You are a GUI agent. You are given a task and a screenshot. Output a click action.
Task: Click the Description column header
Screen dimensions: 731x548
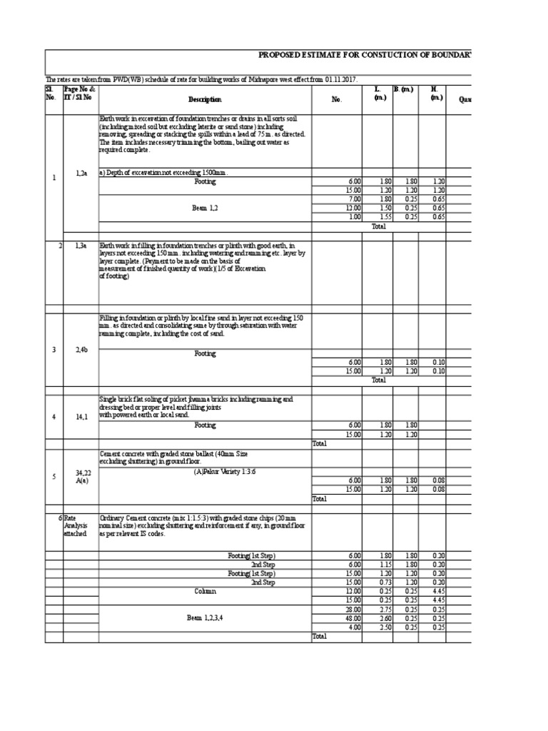pyautogui.click(x=205, y=100)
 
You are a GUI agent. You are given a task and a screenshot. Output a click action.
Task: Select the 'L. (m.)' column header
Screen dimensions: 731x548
pyautogui.click(x=377, y=93)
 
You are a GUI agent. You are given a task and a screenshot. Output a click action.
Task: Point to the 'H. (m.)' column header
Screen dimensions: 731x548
pyautogui.click(x=433, y=93)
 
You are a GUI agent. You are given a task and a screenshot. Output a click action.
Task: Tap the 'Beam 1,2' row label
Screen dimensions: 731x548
pyautogui.click(x=205, y=208)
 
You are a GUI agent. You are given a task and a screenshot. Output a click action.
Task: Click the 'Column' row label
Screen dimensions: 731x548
pyautogui.click(x=205, y=591)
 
